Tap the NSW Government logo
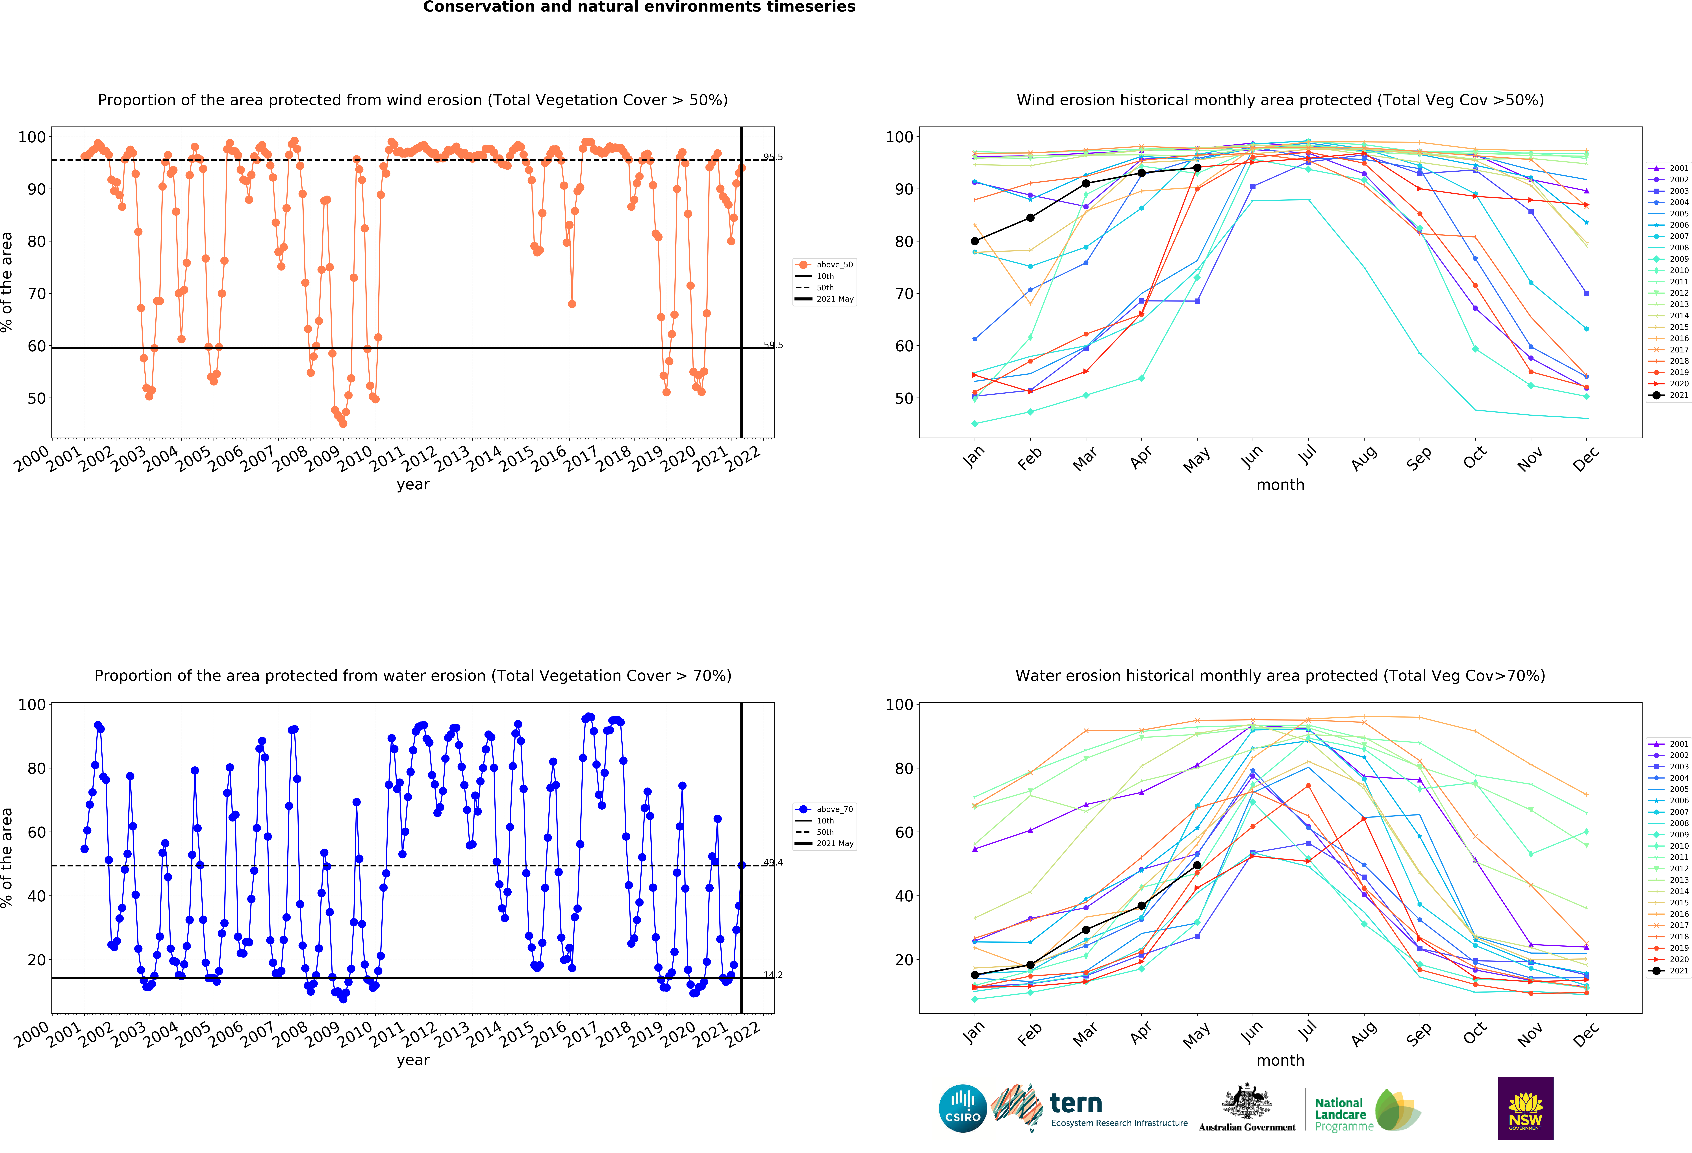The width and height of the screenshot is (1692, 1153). [1525, 1108]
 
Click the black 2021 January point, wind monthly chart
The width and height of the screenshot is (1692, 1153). [975, 241]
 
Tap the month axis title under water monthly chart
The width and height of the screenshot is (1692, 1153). [1280, 1061]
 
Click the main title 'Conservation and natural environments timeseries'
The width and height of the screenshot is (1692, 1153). [639, 7]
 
